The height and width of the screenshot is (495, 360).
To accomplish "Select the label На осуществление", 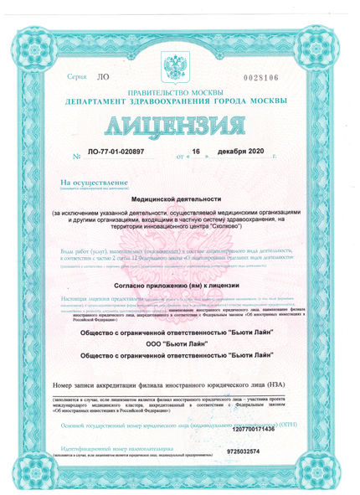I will [x=94, y=182].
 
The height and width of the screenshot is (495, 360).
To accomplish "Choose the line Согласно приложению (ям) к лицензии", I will [x=180, y=286].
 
